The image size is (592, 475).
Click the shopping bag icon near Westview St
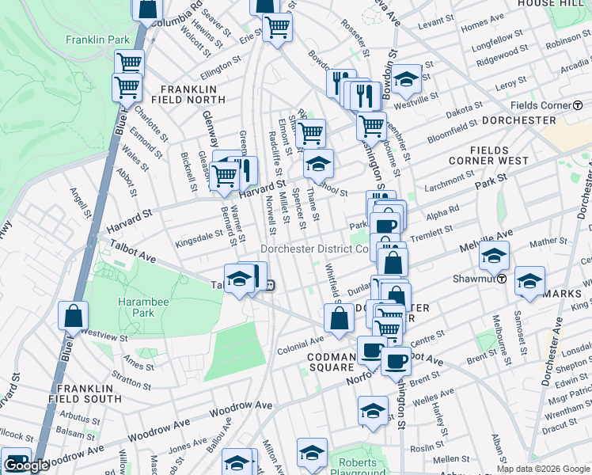(x=73, y=315)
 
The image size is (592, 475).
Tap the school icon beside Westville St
(x=406, y=78)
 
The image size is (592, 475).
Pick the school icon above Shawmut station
(x=494, y=255)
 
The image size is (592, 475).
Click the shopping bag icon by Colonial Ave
(x=339, y=318)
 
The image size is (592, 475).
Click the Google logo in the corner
(x=26, y=465)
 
